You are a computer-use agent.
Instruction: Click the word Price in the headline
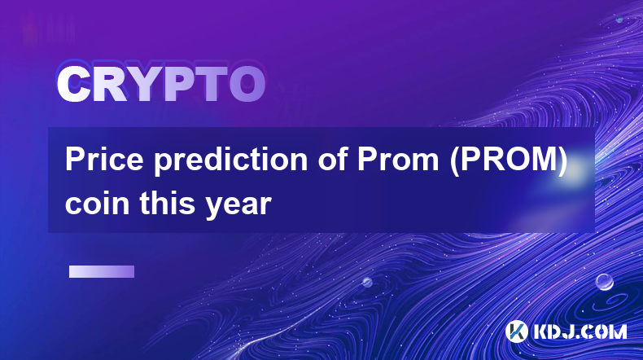click(104, 159)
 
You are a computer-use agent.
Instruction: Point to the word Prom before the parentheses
click(398, 160)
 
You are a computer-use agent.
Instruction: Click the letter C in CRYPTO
click(73, 84)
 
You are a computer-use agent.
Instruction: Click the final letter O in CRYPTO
click(247, 84)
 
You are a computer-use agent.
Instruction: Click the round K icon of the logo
click(516, 331)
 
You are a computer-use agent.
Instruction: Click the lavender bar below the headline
click(102, 272)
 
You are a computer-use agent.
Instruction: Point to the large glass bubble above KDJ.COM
click(604, 282)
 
